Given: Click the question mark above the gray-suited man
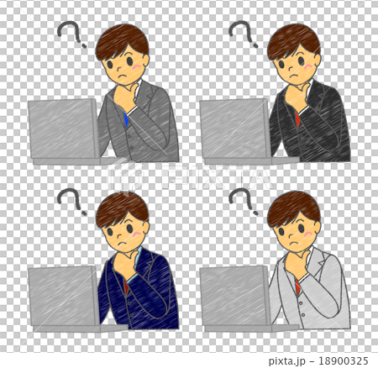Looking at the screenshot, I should (71, 36).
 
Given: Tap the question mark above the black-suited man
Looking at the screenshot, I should (244, 36).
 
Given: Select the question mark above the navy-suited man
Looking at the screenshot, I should (71, 202).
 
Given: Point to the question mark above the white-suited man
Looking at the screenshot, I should (244, 202).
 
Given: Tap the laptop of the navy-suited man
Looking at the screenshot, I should (64, 296).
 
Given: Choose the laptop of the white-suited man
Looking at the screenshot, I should (235, 296).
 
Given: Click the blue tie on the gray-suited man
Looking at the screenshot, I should (126, 119).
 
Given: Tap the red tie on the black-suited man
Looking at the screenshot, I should (297, 119).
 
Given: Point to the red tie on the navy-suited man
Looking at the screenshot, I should (126, 286).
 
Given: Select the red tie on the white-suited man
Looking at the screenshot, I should (297, 286).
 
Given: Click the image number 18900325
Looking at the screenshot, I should (340, 360).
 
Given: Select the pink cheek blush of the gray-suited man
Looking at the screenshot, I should (137, 66).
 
